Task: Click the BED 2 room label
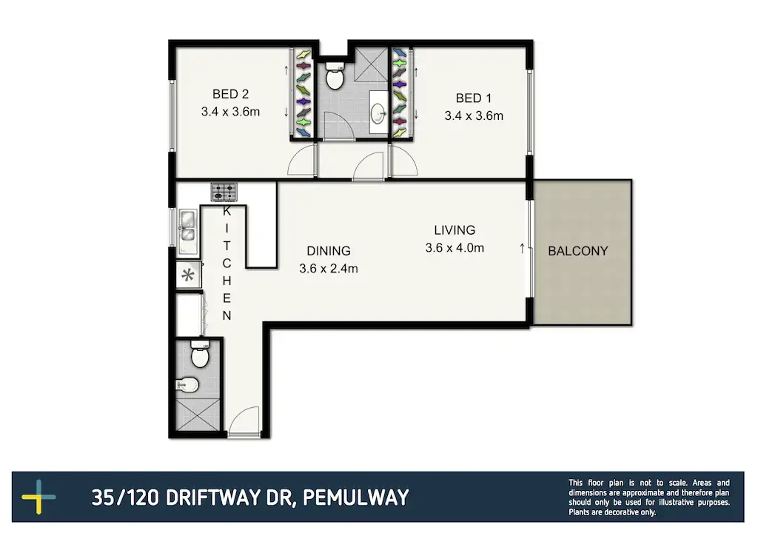(x=230, y=94)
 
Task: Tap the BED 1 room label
(x=473, y=98)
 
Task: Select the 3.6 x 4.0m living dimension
(x=455, y=248)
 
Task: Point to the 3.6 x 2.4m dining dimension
(x=328, y=269)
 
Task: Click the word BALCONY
(x=577, y=251)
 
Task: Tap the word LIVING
(x=455, y=230)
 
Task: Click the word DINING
(x=328, y=251)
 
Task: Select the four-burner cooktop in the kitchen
(x=224, y=192)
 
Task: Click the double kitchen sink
(x=187, y=227)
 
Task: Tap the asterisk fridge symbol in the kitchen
(x=188, y=276)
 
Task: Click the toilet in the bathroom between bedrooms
(x=335, y=77)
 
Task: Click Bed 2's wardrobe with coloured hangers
(x=303, y=93)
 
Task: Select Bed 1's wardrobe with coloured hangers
(x=400, y=93)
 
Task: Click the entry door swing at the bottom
(x=243, y=423)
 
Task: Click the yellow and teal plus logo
(x=39, y=498)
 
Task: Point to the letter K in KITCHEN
(x=227, y=211)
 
